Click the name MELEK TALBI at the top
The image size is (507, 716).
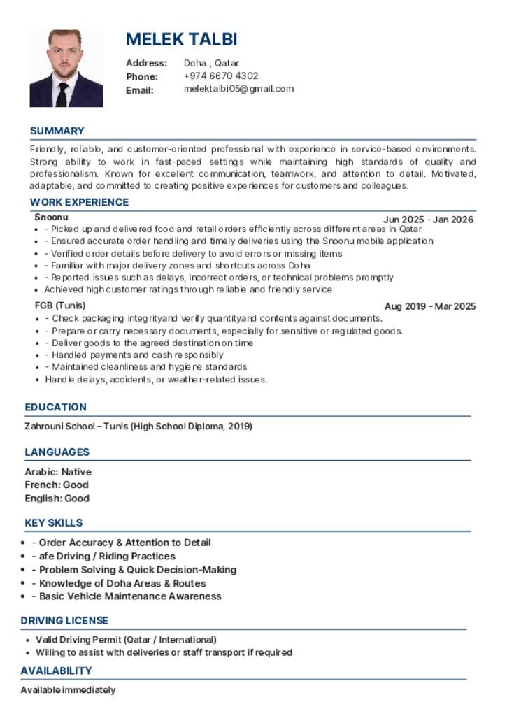pos(181,39)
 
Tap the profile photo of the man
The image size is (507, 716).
pos(66,68)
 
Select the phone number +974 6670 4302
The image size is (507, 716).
pos(221,76)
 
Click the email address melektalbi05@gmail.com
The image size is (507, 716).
pos(238,89)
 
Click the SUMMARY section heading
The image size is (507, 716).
pos(57,131)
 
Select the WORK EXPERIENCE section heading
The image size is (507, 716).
pos(79,202)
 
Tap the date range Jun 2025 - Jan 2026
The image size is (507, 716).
pos(428,220)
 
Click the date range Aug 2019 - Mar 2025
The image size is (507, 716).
pos(430,306)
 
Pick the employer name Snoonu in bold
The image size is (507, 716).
pos(51,217)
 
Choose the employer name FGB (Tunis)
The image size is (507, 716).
pos(60,306)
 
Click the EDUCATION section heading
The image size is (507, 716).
pos(55,407)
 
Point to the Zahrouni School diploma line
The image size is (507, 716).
pos(138,426)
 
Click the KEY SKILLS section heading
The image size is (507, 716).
pos(53,522)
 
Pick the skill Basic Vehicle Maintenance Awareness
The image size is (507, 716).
pos(130,596)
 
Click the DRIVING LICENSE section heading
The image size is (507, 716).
pos(64,620)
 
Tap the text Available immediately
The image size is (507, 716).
pos(68,690)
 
